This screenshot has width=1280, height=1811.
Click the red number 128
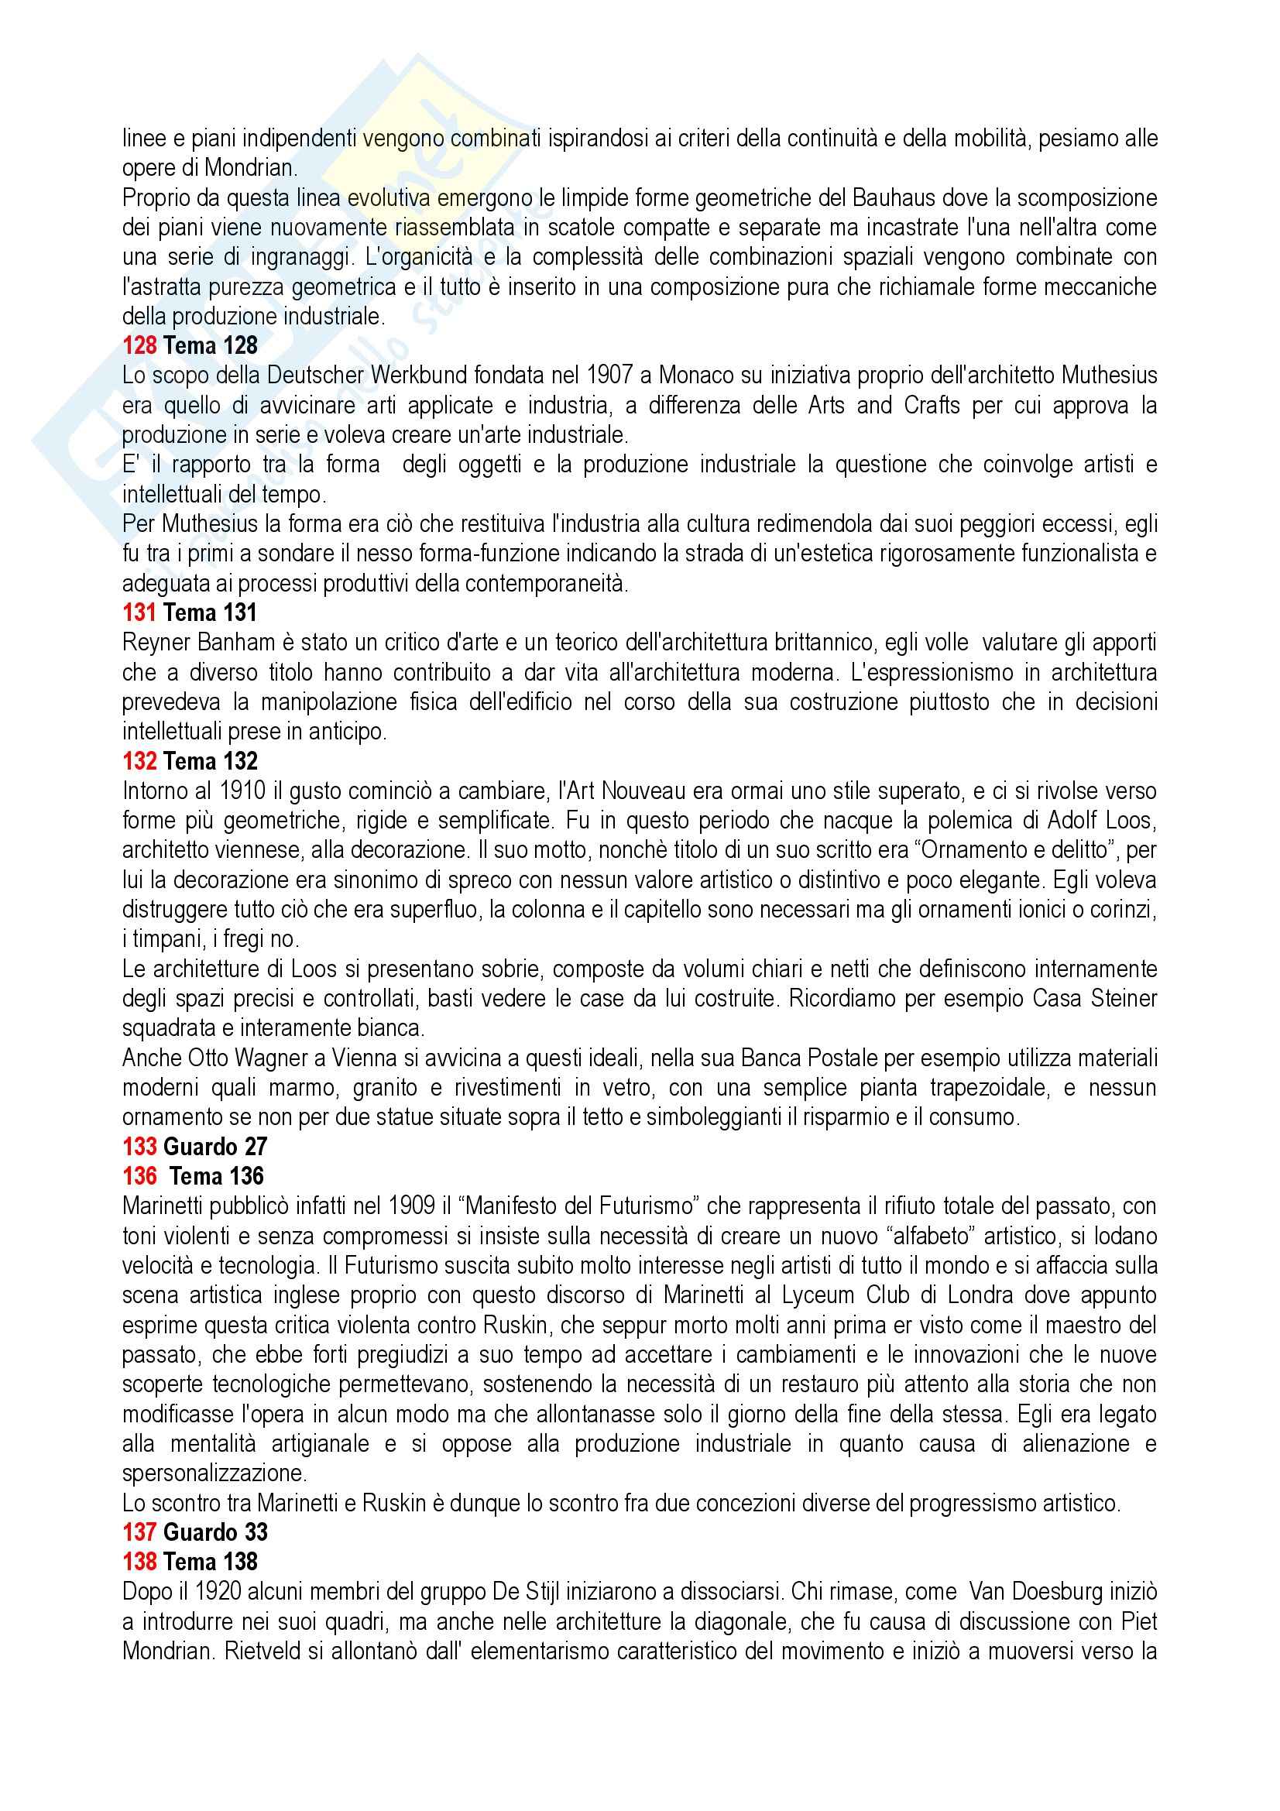pos(139,345)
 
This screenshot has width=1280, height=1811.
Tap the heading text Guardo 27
pos(215,1146)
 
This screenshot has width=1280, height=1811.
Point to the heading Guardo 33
pos(215,1531)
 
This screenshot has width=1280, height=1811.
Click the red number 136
pos(139,1176)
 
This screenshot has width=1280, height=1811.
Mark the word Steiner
pos(1116,999)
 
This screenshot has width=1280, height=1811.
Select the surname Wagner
pos(259,1058)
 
